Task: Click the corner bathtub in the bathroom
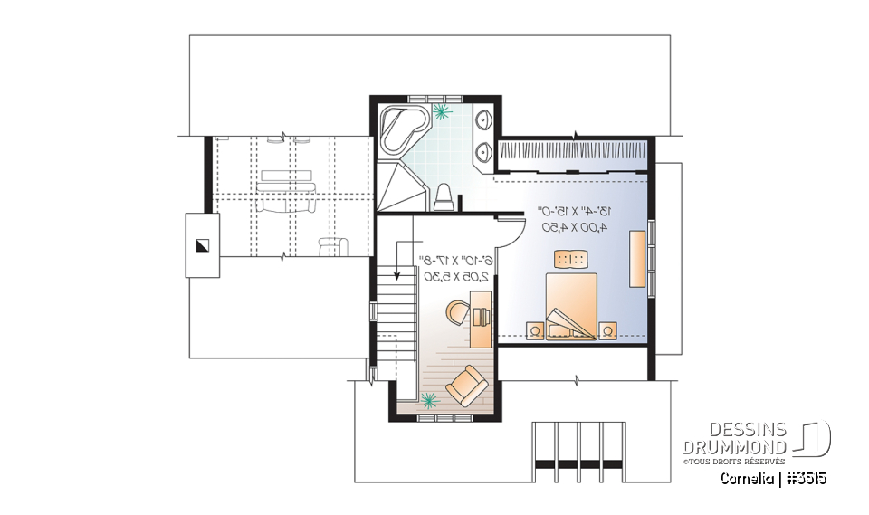point(398,128)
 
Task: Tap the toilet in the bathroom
point(443,196)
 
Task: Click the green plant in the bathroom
point(442,112)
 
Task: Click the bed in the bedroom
point(571,304)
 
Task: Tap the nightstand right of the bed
point(607,329)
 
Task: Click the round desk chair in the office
point(459,313)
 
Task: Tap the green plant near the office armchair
point(429,398)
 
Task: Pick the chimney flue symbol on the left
point(202,244)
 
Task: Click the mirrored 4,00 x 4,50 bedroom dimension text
point(574,226)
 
